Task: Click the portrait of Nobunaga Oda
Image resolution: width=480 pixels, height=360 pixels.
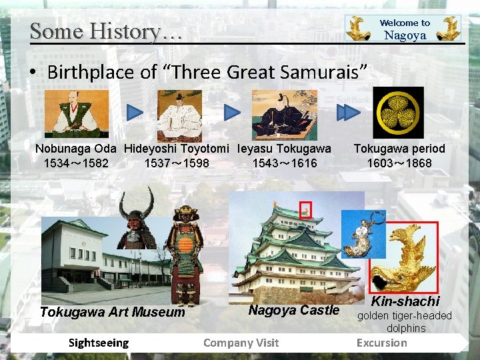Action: pyautogui.click(x=76, y=114)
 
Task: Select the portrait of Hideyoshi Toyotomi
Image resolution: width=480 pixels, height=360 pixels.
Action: pyautogui.click(x=179, y=115)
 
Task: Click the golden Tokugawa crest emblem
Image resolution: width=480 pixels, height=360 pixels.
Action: pyautogui.click(x=398, y=113)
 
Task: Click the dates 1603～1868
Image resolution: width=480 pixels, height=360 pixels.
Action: pyautogui.click(x=399, y=163)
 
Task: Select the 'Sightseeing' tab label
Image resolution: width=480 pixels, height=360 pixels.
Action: pyautogui.click(x=99, y=343)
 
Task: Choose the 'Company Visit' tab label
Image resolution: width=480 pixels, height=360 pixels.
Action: pyautogui.click(x=241, y=343)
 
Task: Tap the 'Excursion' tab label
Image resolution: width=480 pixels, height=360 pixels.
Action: pyautogui.click(x=381, y=343)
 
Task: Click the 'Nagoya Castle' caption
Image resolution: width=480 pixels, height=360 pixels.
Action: pyautogui.click(x=294, y=310)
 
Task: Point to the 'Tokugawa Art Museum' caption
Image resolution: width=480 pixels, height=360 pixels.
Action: pyautogui.click(x=112, y=312)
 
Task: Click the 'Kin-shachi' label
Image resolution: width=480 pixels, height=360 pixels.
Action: pyautogui.click(x=405, y=302)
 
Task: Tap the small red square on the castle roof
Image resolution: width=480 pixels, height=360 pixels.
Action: pyautogui.click(x=305, y=210)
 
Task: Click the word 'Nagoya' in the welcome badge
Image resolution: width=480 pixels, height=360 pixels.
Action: pyautogui.click(x=405, y=36)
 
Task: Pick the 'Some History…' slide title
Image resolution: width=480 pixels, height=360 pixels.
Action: pyautogui.click(x=105, y=31)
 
